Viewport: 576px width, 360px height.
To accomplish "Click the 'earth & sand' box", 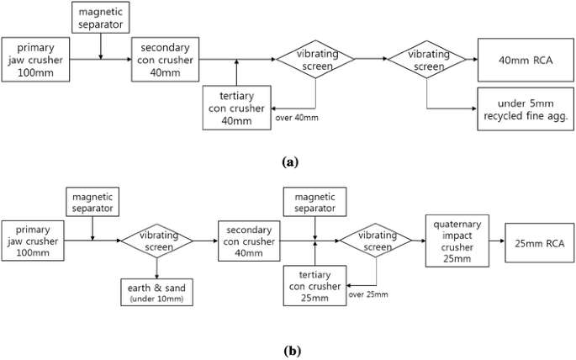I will (x=156, y=291).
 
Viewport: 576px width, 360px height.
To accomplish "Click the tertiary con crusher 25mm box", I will (x=314, y=285).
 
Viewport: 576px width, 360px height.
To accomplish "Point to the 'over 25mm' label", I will (x=370, y=295).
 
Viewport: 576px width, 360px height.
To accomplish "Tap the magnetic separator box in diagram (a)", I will (x=101, y=17).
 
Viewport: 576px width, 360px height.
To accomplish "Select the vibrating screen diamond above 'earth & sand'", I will (x=156, y=243).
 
